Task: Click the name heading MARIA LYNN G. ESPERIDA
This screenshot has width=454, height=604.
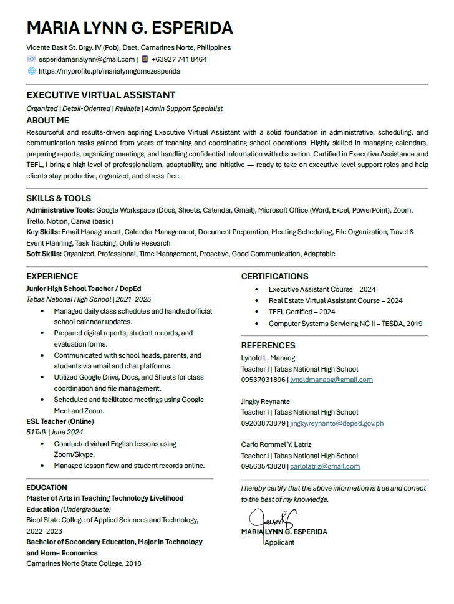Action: click(x=130, y=28)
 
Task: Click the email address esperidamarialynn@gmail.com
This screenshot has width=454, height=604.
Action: click(x=87, y=59)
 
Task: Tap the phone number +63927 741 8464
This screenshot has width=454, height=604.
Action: click(x=179, y=59)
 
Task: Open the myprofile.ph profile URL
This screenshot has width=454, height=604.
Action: click(x=109, y=71)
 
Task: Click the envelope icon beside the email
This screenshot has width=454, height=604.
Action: click(x=31, y=59)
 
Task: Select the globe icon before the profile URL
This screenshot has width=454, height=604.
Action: click(x=31, y=71)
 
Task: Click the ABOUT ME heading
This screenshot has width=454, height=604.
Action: click(x=47, y=120)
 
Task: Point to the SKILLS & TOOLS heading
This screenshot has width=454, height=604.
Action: click(x=59, y=198)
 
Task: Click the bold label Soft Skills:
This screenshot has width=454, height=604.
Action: click(x=44, y=254)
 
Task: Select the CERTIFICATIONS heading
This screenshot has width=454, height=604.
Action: click(x=274, y=276)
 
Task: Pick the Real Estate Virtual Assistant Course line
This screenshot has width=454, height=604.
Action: click(x=336, y=300)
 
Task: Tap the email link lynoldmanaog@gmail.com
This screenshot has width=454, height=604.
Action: click(x=331, y=380)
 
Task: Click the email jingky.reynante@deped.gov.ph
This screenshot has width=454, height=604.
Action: click(x=337, y=423)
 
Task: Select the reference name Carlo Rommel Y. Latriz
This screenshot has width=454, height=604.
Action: click(x=276, y=444)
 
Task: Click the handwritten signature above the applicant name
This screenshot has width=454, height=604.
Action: click(x=272, y=518)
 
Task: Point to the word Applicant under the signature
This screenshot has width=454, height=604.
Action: click(x=279, y=542)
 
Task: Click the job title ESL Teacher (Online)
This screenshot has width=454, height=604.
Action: click(x=60, y=421)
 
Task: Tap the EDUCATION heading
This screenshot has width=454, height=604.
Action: click(x=47, y=487)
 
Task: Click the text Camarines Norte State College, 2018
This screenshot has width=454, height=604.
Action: click(x=84, y=563)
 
